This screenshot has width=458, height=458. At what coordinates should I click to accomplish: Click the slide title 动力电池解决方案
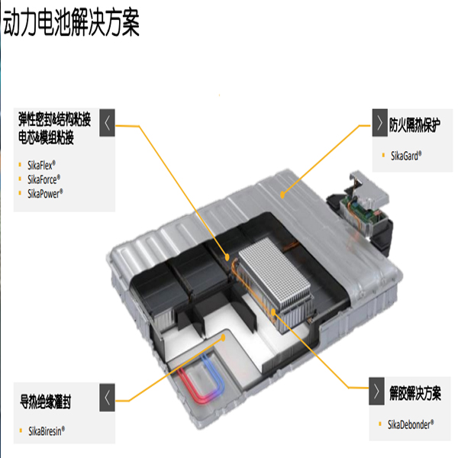point(71,22)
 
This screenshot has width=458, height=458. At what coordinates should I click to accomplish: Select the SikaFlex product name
point(41,166)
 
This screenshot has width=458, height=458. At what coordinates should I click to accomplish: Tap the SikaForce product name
point(44,179)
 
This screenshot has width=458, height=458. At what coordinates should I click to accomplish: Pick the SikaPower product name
point(45,193)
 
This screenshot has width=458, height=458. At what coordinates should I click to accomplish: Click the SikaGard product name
point(406,156)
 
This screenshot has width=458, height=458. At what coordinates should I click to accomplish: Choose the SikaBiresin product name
point(47,431)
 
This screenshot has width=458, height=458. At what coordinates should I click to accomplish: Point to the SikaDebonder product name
point(411,424)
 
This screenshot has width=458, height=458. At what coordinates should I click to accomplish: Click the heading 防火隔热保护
point(414,124)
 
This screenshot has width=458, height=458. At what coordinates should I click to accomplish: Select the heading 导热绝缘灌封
point(45,402)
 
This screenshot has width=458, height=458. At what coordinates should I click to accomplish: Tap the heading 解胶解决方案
point(415,393)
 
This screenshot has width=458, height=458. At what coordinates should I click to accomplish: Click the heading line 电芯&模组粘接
point(46,137)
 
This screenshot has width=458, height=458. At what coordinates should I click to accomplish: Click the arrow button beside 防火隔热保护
point(379,123)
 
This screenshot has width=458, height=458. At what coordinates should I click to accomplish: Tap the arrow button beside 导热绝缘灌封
point(107,398)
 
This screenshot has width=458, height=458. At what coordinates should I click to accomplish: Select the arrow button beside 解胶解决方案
point(376,391)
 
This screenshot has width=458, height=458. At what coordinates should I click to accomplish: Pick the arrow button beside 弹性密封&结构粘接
point(107,123)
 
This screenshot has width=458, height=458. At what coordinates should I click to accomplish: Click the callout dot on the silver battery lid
point(282,195)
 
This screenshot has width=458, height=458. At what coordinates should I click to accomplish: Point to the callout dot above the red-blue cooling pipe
point(223,338)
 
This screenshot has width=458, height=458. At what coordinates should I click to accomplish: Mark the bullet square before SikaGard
point(383,155)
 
